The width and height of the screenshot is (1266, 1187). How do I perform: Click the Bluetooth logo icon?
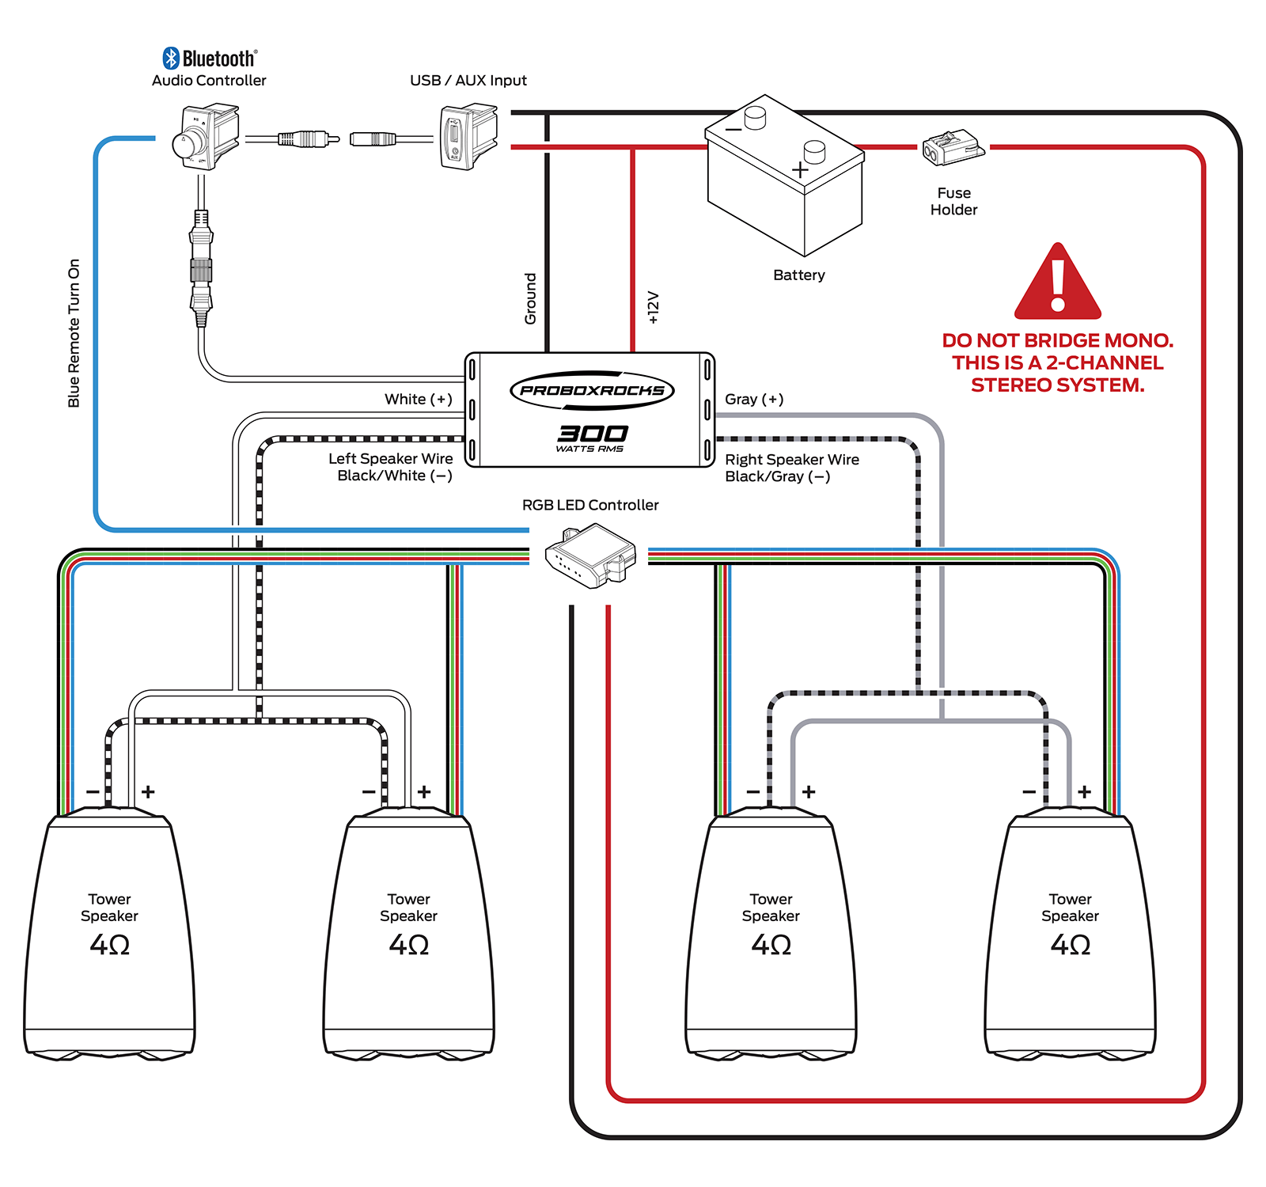pos(171,58)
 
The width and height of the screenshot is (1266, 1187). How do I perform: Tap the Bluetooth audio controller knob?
pos(192,140)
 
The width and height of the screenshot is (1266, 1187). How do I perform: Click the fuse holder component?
pos(953,148)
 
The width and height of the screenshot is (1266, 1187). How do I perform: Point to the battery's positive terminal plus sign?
pos(800,169)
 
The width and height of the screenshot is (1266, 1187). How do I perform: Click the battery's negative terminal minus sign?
pos(733,129)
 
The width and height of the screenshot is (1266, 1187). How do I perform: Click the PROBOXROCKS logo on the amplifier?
pos(592,390)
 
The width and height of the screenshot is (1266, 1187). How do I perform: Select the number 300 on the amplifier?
pos(593,433)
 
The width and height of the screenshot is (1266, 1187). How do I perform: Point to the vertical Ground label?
pos(530,298)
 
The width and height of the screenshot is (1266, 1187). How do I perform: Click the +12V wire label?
pos(653,307)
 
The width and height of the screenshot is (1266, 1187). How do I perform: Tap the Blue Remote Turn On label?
pos(74,333)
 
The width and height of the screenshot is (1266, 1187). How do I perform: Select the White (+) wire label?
pos(418,400)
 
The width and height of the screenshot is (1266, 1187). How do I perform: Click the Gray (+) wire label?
pos(754,400)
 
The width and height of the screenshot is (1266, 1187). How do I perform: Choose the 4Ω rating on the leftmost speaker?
pos(110,945)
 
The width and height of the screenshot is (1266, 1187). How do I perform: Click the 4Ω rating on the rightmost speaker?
pos(1070,945)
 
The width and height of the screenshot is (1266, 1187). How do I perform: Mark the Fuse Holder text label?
pos(953,202)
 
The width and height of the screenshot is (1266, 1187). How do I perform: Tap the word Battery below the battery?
pos(798,275)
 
